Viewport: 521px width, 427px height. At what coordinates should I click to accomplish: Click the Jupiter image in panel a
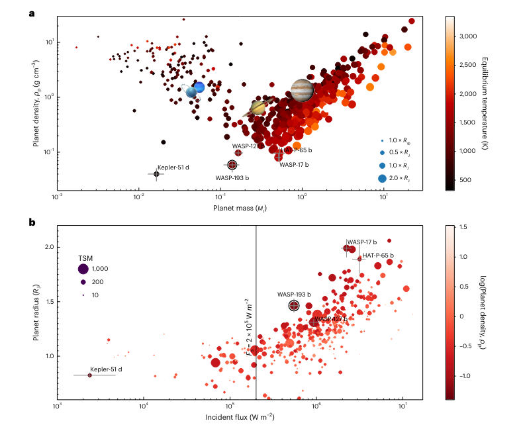click(x=301, y=90)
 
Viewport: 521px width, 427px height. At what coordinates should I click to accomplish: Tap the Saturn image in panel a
click(x=258, y=107)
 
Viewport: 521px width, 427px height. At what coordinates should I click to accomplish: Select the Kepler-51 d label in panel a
click(x=173, y=168)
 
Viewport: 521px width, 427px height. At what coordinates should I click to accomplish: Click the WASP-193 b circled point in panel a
click(x=232, y=165)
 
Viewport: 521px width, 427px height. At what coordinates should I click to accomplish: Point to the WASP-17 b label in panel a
click(x=294, y=164)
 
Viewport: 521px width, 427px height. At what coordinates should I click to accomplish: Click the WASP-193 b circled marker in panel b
click(x=294, y=305)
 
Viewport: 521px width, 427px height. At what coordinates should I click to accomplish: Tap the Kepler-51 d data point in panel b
click(x=90, y=375)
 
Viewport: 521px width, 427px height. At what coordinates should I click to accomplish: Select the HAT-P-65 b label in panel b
click(x=377, y=255)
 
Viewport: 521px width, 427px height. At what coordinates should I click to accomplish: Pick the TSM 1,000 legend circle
click(x=83, y=269)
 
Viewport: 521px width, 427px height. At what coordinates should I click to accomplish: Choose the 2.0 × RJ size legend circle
click(x=382, y=178)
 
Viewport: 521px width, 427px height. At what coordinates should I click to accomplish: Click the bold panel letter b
click(x=31, y=222)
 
